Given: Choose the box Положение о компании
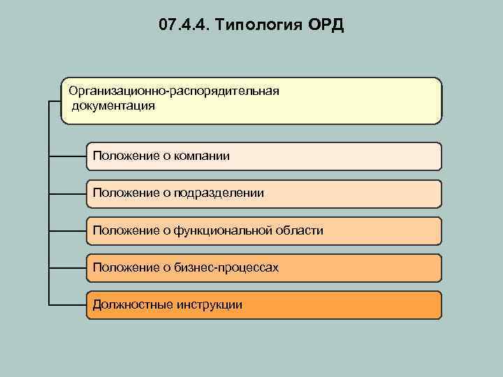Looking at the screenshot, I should pos(264,156).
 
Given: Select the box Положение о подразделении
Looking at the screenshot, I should pos(264,193).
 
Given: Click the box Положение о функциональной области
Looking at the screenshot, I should pos(264,230).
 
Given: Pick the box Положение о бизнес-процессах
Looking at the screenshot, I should pos(264,267).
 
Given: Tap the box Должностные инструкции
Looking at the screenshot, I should pos(264,305).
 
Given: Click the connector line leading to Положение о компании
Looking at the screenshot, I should pos(68,157).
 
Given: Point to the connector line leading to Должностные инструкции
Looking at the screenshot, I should pos(68,305).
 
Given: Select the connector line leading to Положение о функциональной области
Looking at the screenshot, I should pos(68,231).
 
